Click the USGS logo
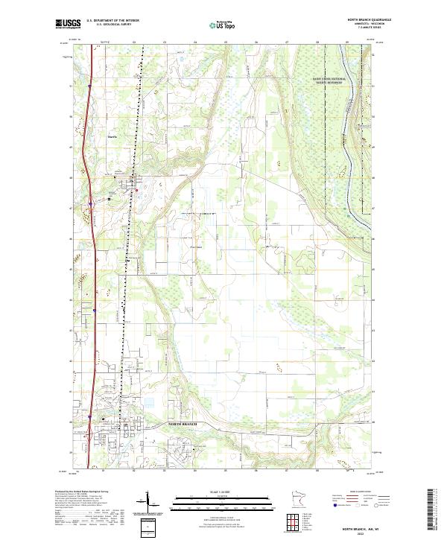pos(66,24)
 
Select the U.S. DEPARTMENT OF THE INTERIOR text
pos(112,21)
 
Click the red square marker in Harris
pos(136,191)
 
